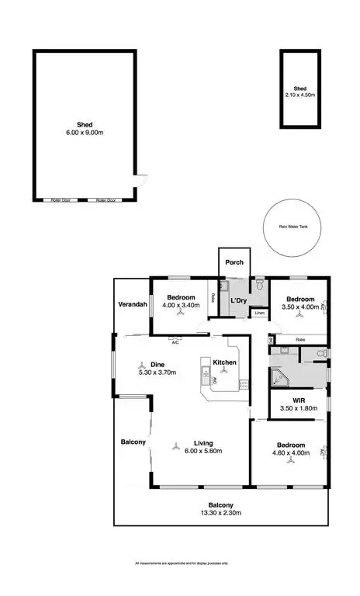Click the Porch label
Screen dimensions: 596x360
click(x=234, y=262)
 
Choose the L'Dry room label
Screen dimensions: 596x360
click(x=237, y=300)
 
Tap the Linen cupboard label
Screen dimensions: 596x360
click(x=259, y=313)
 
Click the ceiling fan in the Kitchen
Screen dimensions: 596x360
click(x=225, y=371)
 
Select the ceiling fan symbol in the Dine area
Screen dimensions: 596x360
click(x=141, y=363)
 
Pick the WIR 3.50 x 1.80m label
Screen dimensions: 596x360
click(x=297, y=405)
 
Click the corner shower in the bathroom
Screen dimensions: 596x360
click(x=277, y=378)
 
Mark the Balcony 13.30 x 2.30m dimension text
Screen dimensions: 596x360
click(x=220, y=513)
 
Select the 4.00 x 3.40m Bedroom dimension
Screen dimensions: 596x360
click(x=179, y=305)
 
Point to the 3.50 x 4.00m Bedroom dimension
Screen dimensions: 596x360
click(x=299, y=307)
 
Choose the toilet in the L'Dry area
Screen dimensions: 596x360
click(x=259, y=285)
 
